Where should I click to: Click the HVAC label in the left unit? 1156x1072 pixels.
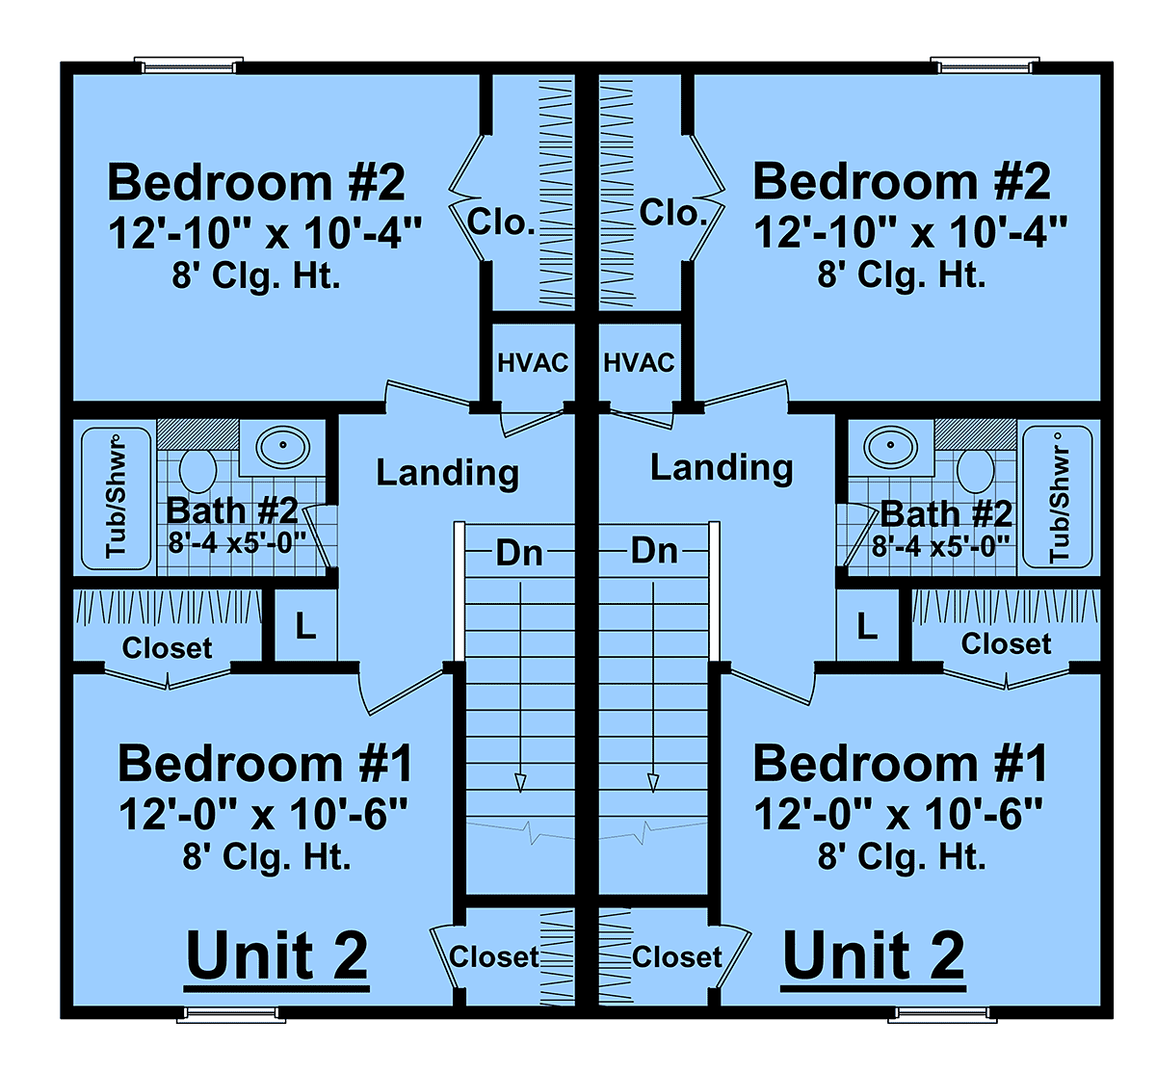533,363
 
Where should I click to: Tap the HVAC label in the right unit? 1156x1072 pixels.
639,363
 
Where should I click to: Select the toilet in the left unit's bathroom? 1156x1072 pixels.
197,471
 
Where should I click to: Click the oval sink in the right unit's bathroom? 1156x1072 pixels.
890,446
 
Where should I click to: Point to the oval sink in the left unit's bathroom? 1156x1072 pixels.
283,446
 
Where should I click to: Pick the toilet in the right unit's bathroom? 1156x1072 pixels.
976,471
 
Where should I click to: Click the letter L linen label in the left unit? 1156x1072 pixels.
305,626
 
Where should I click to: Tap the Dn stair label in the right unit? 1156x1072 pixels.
654,551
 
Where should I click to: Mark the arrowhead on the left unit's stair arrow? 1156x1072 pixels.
520,783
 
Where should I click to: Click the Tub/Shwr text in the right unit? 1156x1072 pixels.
1059,505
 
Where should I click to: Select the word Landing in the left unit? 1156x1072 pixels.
447,473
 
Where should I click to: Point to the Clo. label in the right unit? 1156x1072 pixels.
673,213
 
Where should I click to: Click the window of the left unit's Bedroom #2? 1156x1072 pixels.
189,65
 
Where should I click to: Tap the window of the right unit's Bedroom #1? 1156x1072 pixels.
942,1014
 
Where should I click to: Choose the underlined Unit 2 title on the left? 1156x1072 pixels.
276,955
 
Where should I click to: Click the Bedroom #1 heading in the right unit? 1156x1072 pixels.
900,764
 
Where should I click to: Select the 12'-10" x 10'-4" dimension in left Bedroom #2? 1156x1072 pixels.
265,233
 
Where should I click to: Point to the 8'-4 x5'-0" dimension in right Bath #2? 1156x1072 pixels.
940,547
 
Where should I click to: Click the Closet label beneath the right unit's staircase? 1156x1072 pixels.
677,956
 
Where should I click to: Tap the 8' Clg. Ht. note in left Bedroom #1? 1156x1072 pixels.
267,857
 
